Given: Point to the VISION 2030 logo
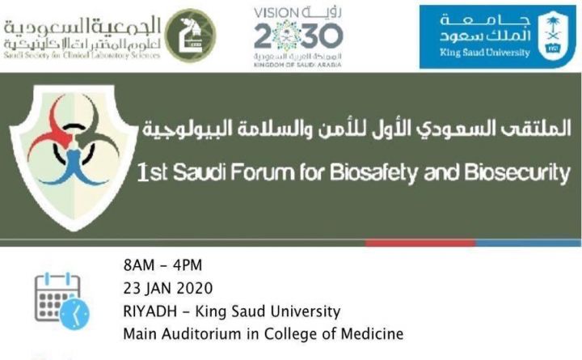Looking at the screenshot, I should [x=298, y=34].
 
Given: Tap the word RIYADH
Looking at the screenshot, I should [x=150, y=311].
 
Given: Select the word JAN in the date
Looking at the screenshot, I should [x=158, y=289].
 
